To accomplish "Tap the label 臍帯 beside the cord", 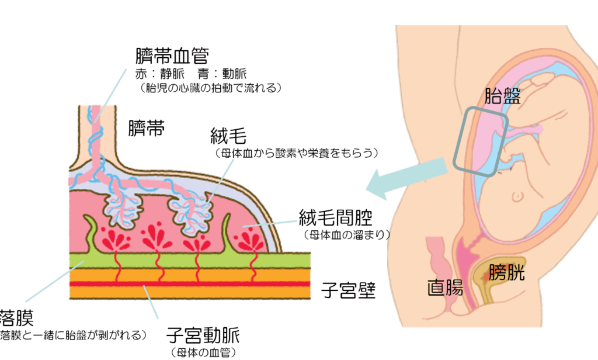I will [147, 127].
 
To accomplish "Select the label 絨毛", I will [228, 138].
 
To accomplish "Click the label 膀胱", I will [507, 272].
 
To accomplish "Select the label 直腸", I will [445, 288].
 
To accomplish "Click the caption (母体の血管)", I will [203, 352].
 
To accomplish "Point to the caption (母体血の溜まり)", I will [347, 236].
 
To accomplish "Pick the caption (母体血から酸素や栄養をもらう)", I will [297, 154].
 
